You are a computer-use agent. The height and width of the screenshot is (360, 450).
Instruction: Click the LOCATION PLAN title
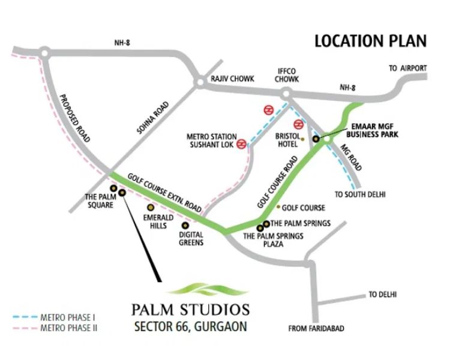click(x=370, y=41)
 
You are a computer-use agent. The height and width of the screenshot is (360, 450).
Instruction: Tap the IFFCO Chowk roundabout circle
click(x=286, y=93)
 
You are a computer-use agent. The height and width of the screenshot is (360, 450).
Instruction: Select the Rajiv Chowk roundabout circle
click(x=199, y=82)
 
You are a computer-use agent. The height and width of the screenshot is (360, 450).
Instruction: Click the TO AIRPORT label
click(x=407, y=68)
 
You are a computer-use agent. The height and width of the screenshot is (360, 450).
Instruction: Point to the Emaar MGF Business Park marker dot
click(x=316, y=139)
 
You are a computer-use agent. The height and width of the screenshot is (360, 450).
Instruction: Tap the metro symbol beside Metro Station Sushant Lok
click(x=241, y=144)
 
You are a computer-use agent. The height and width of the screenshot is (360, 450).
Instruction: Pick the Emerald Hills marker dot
click(x=150, y=207)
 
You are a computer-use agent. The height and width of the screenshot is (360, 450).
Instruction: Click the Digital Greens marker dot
click(x=185, y=225)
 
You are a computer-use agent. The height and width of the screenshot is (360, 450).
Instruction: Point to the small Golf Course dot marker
click(x=278, y=208)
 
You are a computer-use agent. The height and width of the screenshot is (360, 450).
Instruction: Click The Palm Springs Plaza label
click(x=273, y=240)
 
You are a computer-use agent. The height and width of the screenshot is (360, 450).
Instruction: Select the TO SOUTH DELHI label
click(x=360, y=194)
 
